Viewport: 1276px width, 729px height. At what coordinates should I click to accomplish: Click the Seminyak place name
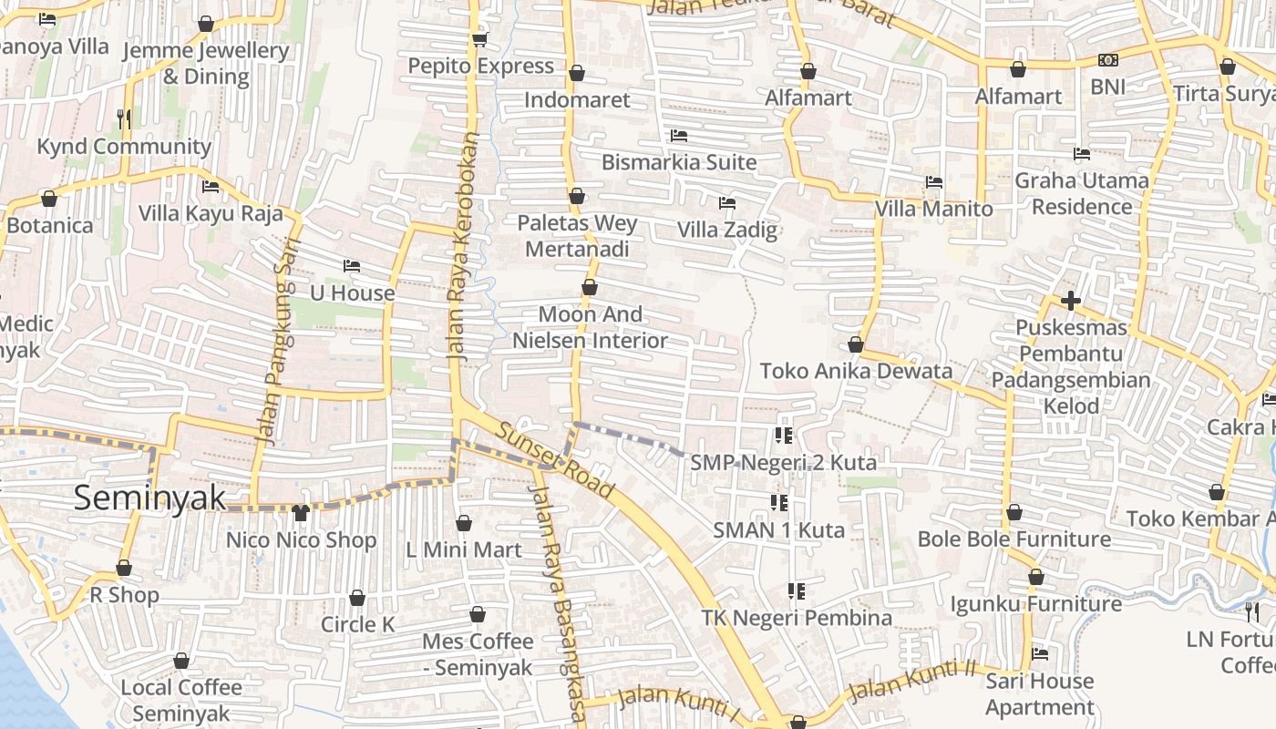tap(149, 498)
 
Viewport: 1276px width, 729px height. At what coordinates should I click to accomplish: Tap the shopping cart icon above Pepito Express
tap(480, 40)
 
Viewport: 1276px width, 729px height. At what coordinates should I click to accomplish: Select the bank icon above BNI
tap(1107, 60)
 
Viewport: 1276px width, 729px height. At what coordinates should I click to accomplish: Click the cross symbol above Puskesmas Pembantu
tap(1071, 300)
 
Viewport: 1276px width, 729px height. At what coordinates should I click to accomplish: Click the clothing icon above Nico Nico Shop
tap(301, 513)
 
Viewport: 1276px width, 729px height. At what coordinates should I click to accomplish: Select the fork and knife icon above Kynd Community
tap(124, 118)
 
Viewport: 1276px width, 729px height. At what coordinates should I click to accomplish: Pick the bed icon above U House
tap(352, 266)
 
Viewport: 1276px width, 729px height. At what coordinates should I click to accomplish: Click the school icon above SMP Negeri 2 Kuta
tap(783, 436)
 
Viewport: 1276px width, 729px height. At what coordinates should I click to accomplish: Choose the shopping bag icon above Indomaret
tap(576, 73)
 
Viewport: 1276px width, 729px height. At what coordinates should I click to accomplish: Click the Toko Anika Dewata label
tap(856, 371)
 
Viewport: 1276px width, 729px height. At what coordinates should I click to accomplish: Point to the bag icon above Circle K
tap(357, 598)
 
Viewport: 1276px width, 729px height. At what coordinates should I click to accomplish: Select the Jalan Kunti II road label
tap(911, 681)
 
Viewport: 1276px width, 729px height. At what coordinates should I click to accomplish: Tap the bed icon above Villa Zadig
tap(726, 202)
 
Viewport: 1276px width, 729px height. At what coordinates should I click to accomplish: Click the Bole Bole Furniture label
tap(1014, 539)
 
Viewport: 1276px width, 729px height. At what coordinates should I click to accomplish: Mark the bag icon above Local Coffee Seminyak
tap(181, 661)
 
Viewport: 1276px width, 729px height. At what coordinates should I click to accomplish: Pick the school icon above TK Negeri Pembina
tap(797, 591)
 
